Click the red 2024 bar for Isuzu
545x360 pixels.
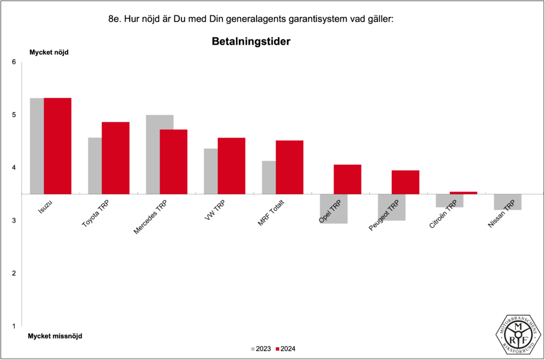[57, 145]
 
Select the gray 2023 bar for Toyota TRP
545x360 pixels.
[95, 166]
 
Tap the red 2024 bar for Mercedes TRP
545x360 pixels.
[174, 161]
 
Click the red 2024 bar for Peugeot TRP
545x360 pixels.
[406, 182]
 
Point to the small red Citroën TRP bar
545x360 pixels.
[464, 193]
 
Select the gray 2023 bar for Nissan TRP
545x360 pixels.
[507, 202]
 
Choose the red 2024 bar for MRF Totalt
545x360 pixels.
[290, 167]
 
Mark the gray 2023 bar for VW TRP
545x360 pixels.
[211, 171]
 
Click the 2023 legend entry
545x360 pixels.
[260, 349]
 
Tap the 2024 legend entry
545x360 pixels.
[286, 349]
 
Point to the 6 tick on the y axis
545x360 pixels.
[14, 62]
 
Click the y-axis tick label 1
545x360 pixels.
[14, 326]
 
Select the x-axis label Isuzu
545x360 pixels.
[45, 206]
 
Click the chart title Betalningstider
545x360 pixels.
[251, 42]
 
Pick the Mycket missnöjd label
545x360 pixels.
[55, 336]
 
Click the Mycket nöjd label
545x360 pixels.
[48, 52]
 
